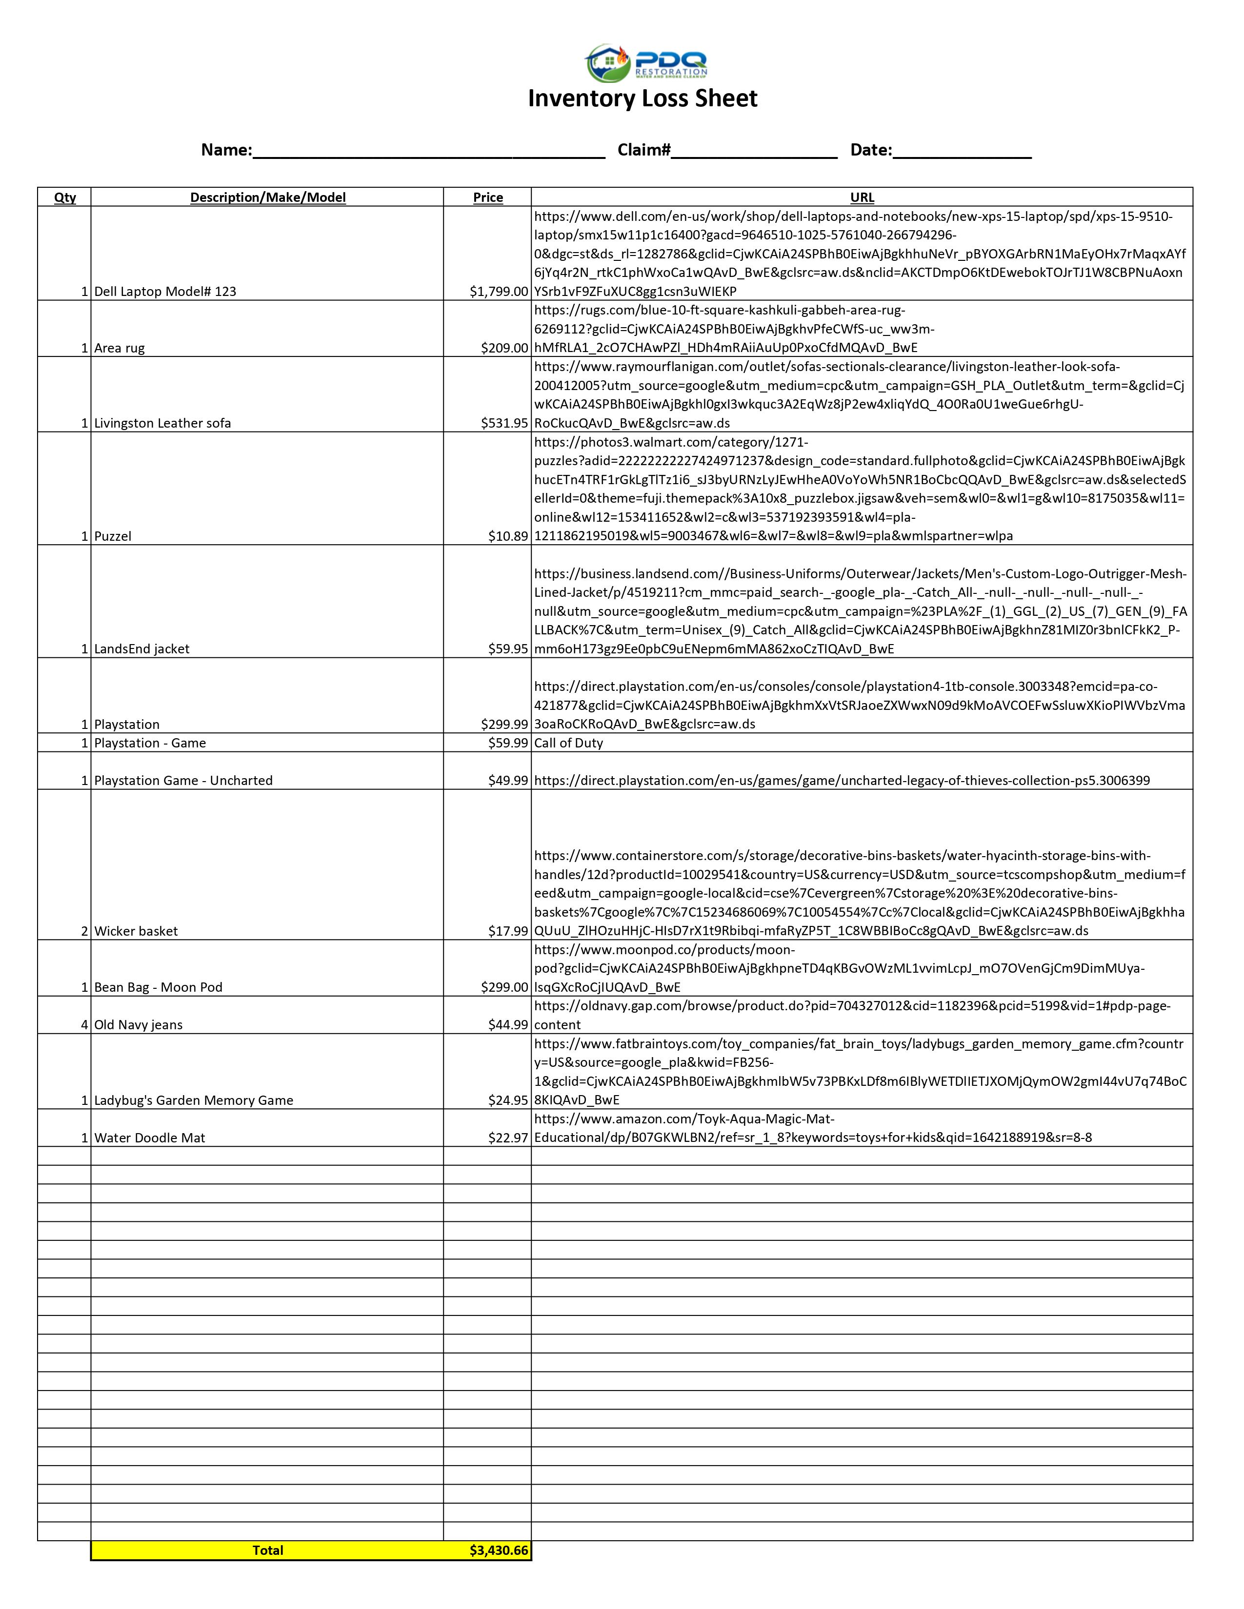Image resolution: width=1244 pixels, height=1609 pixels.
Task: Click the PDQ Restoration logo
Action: (x=645, y=62)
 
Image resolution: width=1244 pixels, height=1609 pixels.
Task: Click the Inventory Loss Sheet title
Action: (x=642, y=98)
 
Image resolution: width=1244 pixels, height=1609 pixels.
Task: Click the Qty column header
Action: (x=65, y=197)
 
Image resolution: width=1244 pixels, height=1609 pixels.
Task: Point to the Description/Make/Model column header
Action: (x=267, y=197)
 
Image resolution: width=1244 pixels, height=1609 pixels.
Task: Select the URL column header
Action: (x=862, y=197)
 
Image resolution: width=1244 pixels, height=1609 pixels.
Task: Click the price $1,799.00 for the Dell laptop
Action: (x=499, y=292)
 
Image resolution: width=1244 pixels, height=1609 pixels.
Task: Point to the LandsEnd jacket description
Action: (x=141, y=649)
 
